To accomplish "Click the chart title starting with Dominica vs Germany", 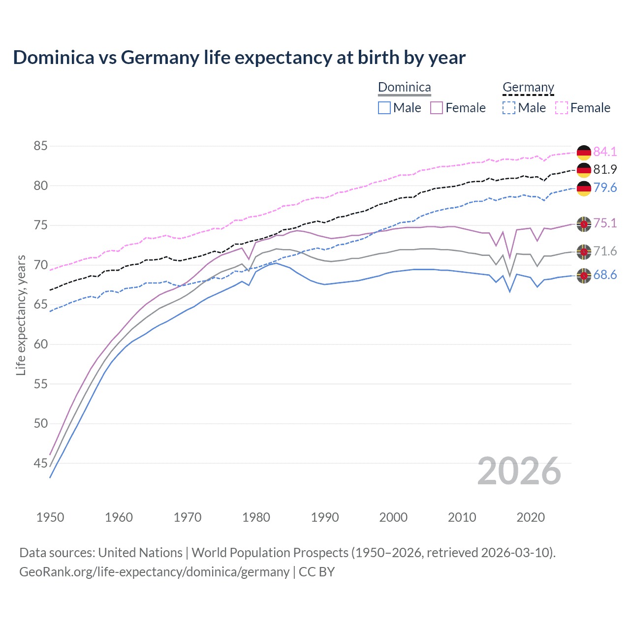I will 239,58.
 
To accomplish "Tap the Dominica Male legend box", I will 384,108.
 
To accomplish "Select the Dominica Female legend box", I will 437,108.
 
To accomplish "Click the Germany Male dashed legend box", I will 509,108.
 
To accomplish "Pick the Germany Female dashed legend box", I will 562,108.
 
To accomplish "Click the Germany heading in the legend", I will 528,88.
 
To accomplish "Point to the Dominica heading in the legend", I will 404,88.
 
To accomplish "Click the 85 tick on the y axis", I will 41,146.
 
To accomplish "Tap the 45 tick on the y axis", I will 41,463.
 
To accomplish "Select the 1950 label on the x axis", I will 50,517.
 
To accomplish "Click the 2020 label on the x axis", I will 531,517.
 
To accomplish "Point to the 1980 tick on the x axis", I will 256,517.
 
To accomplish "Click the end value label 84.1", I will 605,152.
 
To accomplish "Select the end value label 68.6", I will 605,275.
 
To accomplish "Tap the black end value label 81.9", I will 605,170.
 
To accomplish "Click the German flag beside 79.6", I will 584,189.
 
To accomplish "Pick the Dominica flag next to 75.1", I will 584,224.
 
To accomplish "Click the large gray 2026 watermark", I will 519,472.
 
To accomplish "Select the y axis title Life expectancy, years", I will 21,315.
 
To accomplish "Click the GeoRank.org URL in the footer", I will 154,572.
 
